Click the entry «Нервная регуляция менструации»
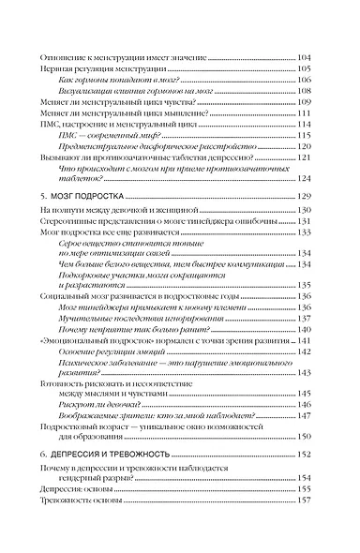coord(105,70)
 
